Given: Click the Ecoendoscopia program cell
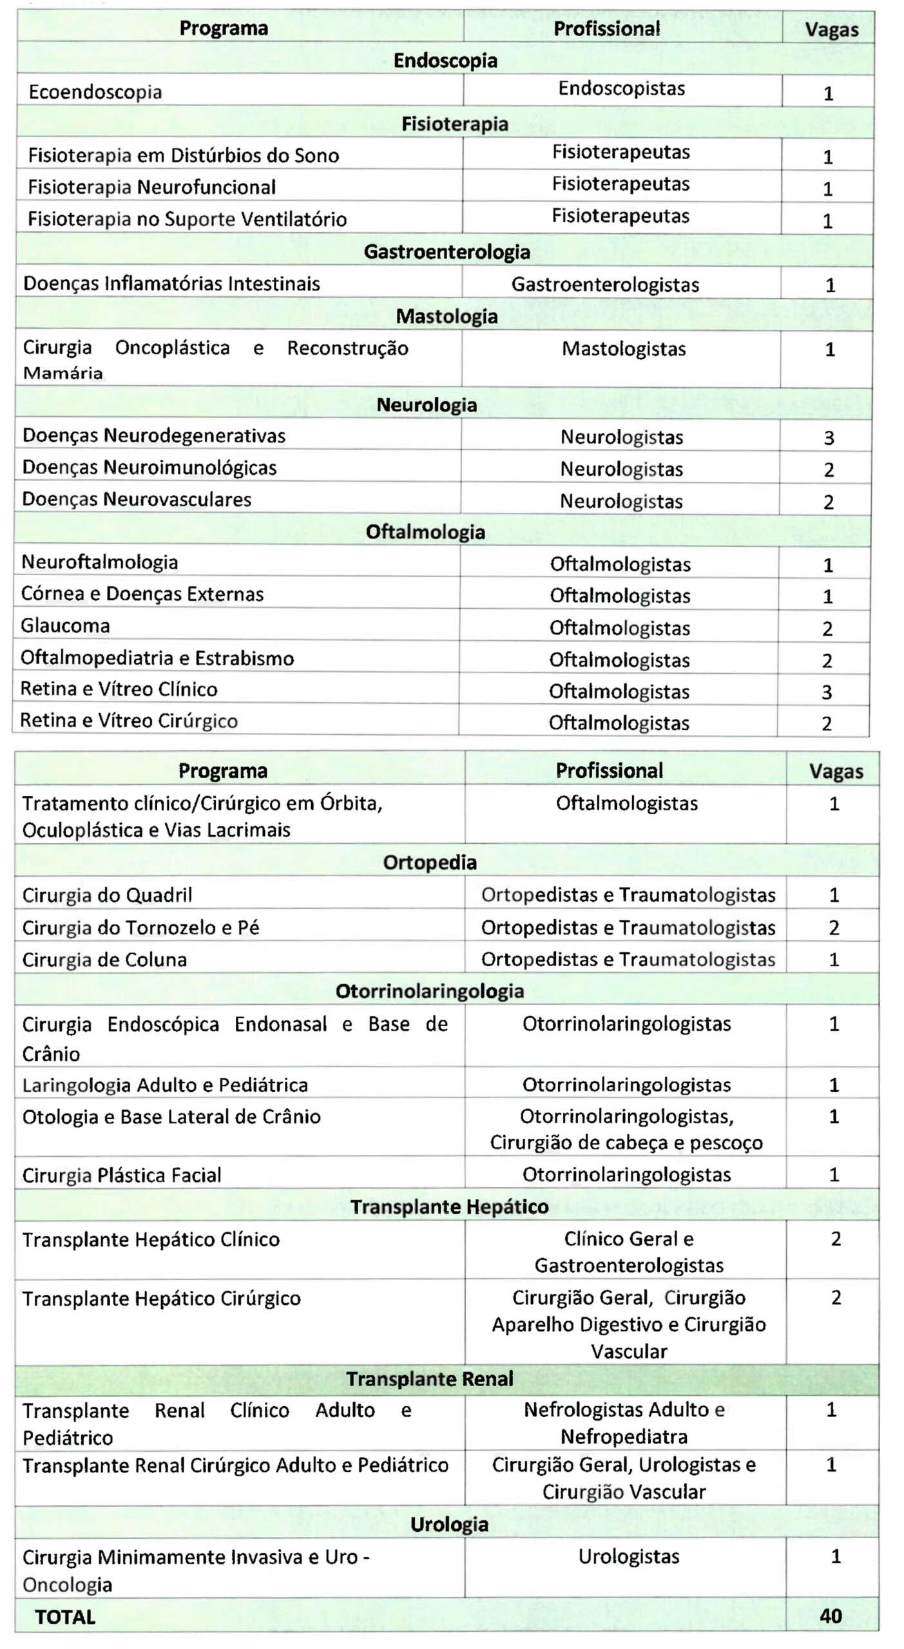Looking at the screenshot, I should pos(95,92).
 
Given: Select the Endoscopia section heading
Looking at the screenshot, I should pos(445,61).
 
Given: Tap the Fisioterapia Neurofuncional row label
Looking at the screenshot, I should pos(151,187).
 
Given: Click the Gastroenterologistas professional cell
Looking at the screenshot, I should pos(605,285).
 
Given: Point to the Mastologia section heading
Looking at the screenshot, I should pos(447,317).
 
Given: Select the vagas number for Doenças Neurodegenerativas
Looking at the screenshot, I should pos(829,438).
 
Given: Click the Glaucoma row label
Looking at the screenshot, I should pos(65,626).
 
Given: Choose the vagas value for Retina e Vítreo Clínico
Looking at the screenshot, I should pos(827,692).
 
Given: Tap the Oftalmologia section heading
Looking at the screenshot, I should pos(425,532).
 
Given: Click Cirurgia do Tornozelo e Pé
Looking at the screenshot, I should pos(140,928).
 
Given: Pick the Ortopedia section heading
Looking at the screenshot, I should pos(430,863).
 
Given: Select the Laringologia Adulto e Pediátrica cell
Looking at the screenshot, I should pos(165,1085).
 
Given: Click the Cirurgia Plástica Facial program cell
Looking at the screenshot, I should pos(122,1176).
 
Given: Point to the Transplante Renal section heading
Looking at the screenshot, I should pos(430,1378).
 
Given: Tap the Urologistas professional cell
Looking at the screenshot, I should pos(629,1556).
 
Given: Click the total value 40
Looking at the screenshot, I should pos(831,1616).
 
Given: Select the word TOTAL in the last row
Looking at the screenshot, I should pos(65,1617).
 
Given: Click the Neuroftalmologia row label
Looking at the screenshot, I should pos(100,562).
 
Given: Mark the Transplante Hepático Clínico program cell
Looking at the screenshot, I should pos(151,1240).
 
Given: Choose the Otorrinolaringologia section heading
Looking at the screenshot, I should pos(430,991).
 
